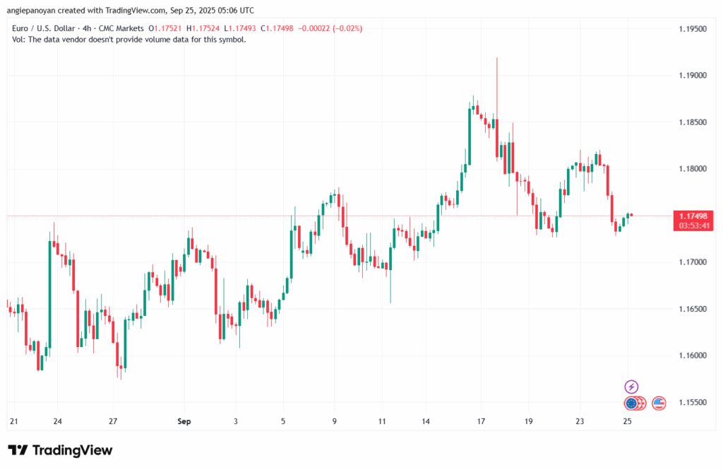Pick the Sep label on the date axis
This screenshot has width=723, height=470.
[x=184, y=421]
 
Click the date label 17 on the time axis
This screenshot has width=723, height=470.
[x=481, y=421]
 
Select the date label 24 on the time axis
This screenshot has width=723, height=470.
[x=57, y=421]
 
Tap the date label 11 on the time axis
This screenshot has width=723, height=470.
[x=382, y=421]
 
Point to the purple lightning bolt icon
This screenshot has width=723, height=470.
[x=632, y=387]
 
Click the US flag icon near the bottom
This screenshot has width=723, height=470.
[x=659, y=404]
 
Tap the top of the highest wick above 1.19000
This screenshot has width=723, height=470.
[x=497, y=59]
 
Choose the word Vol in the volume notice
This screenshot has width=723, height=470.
[x=19, y=40]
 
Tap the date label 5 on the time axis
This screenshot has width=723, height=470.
[x=283, y=421]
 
